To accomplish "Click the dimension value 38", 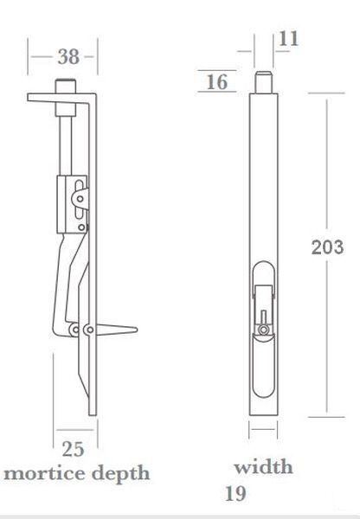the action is (68, 56).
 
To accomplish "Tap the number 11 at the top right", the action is (288, 39).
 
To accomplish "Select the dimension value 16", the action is (217, 82).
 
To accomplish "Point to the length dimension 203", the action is (327, 247).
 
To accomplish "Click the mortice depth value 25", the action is (74, 449).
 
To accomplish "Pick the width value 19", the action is (235, 494).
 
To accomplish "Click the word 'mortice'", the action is (45, 473).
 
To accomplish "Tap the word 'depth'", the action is (121, 474).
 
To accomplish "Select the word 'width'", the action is (263, 467).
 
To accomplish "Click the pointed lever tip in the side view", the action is (137, 330).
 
